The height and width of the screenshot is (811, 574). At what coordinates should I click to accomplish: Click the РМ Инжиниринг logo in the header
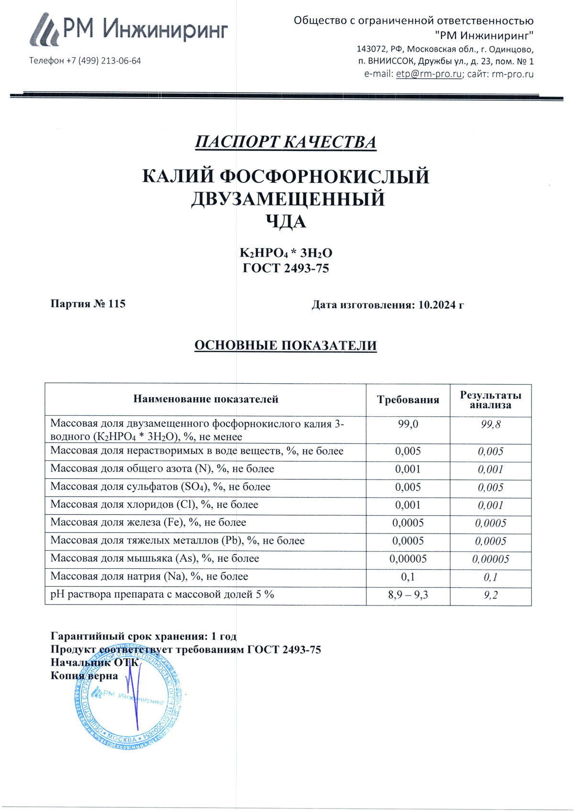[x=129, y=30]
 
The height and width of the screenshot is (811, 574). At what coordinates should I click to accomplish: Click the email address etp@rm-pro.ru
[x=429, y=74]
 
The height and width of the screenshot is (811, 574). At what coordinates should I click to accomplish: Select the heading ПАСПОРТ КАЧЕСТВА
[x=286, y=142]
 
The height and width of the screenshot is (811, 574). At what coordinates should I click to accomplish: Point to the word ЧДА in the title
[x=286, y=221]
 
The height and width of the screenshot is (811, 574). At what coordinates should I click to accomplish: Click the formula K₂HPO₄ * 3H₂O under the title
[x=286, y=253]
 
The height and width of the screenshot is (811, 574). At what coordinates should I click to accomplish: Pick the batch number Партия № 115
[x=88, y=304]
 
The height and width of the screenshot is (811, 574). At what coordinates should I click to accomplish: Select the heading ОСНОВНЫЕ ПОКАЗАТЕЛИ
[x=286, y=346]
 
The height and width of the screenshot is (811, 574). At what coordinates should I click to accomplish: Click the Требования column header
[x=408, y=400]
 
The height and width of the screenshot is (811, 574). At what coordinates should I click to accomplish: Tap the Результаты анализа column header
[x=490, y=400]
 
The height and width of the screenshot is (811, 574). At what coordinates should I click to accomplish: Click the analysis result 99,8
[x=490, y=424]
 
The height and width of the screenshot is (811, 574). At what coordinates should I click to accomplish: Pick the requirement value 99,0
[x=408, y=424]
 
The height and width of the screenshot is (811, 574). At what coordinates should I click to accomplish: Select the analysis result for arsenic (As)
[x=490, y=559]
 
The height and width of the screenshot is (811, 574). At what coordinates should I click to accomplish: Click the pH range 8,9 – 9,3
[x=408, y=595]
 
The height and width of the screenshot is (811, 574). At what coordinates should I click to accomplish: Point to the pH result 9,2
[x=490, y=595]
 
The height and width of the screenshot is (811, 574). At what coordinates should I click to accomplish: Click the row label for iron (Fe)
[x=148, y=522]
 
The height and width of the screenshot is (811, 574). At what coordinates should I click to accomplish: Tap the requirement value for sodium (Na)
[x=408, y=577]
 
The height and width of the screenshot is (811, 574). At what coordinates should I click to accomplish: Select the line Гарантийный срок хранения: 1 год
[x=143, y=636]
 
